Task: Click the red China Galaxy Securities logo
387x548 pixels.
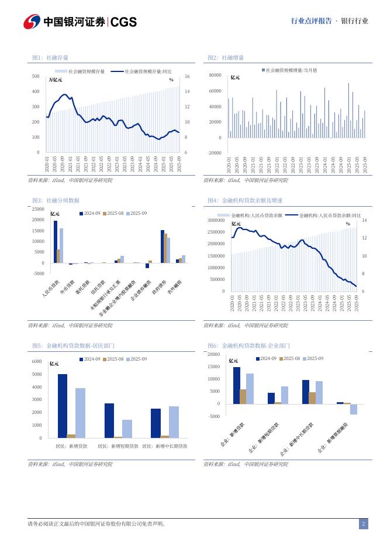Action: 32,22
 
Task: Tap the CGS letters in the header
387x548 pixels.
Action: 123,22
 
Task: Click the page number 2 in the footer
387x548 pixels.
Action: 363,524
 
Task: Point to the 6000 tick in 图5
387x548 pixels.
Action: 36,362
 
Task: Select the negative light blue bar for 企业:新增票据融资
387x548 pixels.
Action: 354,409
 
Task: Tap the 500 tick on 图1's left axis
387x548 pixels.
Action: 36,76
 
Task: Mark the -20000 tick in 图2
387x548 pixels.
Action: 215,153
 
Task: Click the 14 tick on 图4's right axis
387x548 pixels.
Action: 364,220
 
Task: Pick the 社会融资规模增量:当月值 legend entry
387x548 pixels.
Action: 290,70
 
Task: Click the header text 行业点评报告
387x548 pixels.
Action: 311,21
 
